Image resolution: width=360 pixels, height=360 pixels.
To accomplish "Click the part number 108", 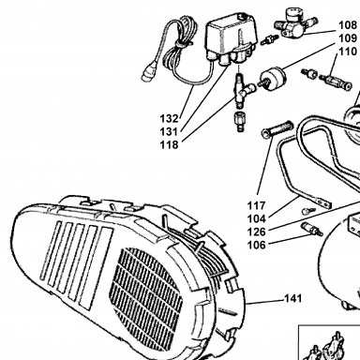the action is tap(348, 25).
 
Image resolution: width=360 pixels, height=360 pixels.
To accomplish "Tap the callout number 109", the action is tap(348, 38).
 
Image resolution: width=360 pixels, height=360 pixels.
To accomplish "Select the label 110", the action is tap(348, 52).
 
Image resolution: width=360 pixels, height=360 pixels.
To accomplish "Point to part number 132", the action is tap(169, 119).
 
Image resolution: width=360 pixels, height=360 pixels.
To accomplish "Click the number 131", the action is tap(169, 132).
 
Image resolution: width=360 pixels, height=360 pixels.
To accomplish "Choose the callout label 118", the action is tap(169, 145).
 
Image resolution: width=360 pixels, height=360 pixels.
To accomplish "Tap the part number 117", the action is tap(257, 205).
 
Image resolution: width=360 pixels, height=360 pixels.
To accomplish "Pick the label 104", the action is tap(257, 218).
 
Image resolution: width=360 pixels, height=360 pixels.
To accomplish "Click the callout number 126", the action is tap(257, 232).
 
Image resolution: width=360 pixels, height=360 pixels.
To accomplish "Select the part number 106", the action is tap(257, 245).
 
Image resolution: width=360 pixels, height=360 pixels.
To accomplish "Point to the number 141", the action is tap(293, 299).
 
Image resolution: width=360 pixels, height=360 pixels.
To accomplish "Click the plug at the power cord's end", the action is tap(147, 73).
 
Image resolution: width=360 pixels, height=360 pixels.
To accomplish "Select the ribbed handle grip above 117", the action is tap(277, 129).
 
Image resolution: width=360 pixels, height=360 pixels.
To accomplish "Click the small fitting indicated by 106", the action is tap(311, 230).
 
